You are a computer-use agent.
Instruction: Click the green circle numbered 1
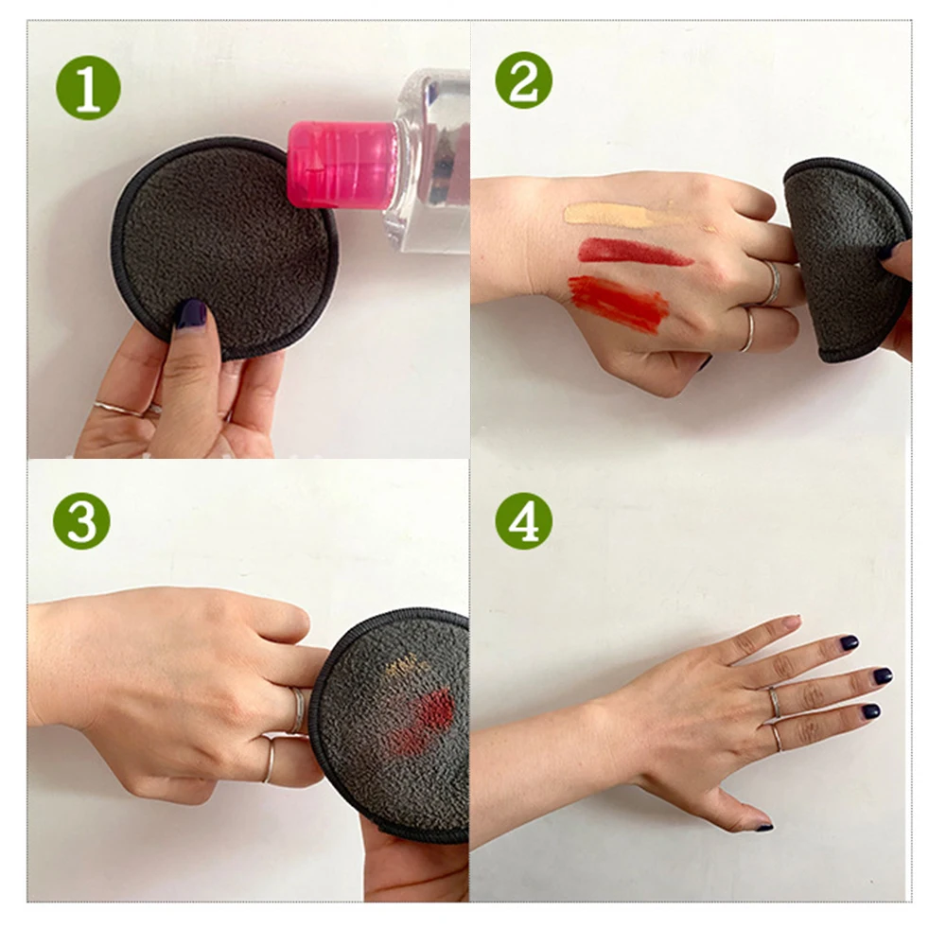[88, 88]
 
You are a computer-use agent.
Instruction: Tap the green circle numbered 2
[524, 80]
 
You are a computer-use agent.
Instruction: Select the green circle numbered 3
[81, 520]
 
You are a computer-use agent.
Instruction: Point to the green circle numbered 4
[524, 520]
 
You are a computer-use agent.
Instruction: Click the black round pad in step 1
[224, 247]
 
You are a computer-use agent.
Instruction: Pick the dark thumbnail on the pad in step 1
[191, 314]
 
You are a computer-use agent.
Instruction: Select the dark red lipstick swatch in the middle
[634, 252]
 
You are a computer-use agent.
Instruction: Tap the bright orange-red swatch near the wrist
[619, 304]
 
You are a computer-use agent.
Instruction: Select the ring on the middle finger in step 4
[774, 703]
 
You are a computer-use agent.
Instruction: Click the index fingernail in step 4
[850, 642]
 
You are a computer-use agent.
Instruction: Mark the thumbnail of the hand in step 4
[763, 827]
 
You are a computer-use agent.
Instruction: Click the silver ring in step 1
[121, 409]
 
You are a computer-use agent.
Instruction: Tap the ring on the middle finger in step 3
[297, 710]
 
